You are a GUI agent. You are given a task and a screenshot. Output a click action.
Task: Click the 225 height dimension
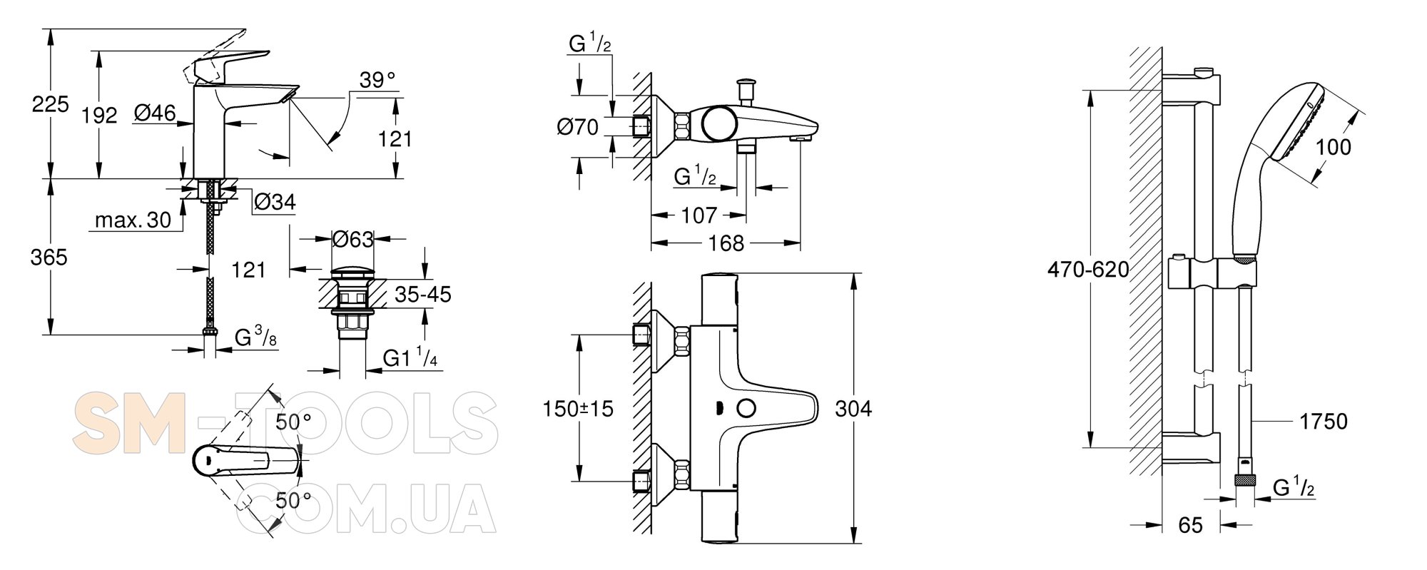click(x=50, y=105)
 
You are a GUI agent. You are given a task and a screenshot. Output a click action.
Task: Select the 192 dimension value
click(x=99, y=116)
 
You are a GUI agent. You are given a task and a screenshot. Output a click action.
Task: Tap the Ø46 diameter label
click(x=155, y=113)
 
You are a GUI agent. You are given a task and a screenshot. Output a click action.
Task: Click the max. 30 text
click(x=133, y=220)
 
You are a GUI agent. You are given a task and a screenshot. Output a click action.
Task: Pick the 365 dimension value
click(x=49, y=257)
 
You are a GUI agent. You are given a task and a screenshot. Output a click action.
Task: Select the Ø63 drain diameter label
click(x=353, y=239)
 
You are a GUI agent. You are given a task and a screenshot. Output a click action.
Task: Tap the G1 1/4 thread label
click(x=410, y=358)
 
